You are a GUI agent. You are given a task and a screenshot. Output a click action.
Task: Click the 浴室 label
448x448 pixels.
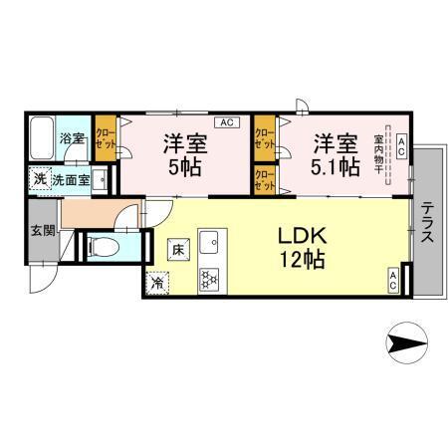tap(72, 138)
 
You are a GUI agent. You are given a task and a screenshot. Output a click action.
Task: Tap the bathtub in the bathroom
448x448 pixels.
tap(43, 139)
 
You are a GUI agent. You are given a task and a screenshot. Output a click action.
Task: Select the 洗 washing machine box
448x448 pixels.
tap(39, 180)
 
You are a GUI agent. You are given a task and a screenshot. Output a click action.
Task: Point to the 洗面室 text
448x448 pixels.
tap(72, 180)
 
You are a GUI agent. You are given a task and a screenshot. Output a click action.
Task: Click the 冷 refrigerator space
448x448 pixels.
tap(157, 283)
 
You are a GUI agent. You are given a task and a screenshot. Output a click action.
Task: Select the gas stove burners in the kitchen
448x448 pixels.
tap(210, 280)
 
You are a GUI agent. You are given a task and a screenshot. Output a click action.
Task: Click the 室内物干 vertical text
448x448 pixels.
tap(379, 157)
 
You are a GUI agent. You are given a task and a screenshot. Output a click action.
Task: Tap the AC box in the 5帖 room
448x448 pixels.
tap(225, 122)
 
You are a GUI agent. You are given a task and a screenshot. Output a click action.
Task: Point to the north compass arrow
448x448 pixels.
tap(408, 344)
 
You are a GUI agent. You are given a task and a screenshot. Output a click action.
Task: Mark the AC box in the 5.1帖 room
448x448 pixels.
tap(400, 146)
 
